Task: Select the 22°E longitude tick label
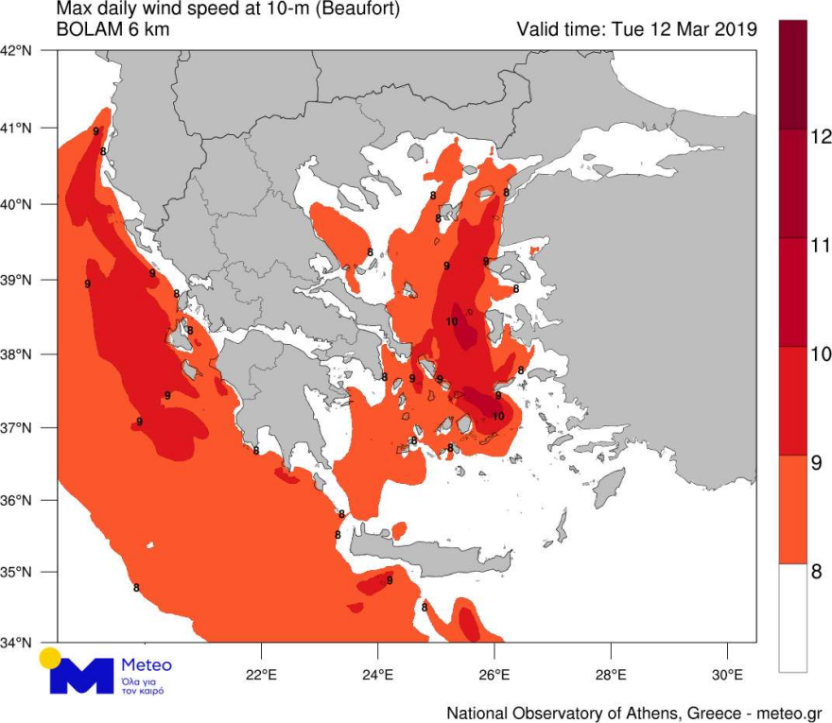click(x=261, y=676)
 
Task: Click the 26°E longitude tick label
click(x=494, y=676)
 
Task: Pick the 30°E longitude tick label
click(x=727, y=676)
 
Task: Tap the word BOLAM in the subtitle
click(x=84, y=29)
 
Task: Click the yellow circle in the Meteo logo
click(x=50, y=658)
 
